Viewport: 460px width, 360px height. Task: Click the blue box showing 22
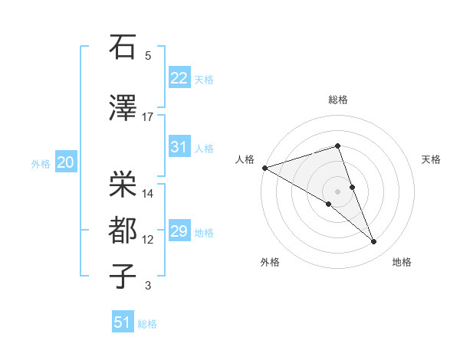point(179,78)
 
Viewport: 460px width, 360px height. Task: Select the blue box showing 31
point(179,147)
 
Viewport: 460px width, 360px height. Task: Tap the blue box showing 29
point(179,231)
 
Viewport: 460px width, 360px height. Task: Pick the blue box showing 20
point(65,162)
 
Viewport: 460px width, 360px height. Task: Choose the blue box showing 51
point(123,322)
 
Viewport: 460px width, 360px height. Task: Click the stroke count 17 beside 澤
point(148,117)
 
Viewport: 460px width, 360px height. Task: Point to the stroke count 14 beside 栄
point(148,194)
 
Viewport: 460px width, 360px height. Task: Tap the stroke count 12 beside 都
point(148,240)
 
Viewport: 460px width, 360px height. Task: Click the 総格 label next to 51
point(147,324)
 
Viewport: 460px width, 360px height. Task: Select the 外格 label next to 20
point(41,164)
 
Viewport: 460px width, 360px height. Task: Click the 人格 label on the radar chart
point(245,159)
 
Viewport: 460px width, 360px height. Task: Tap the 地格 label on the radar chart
point(402,262)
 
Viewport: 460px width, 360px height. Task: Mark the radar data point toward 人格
point(264,168)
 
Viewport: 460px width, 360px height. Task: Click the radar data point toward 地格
point(374,242)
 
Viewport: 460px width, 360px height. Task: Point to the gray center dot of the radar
point(337,190)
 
